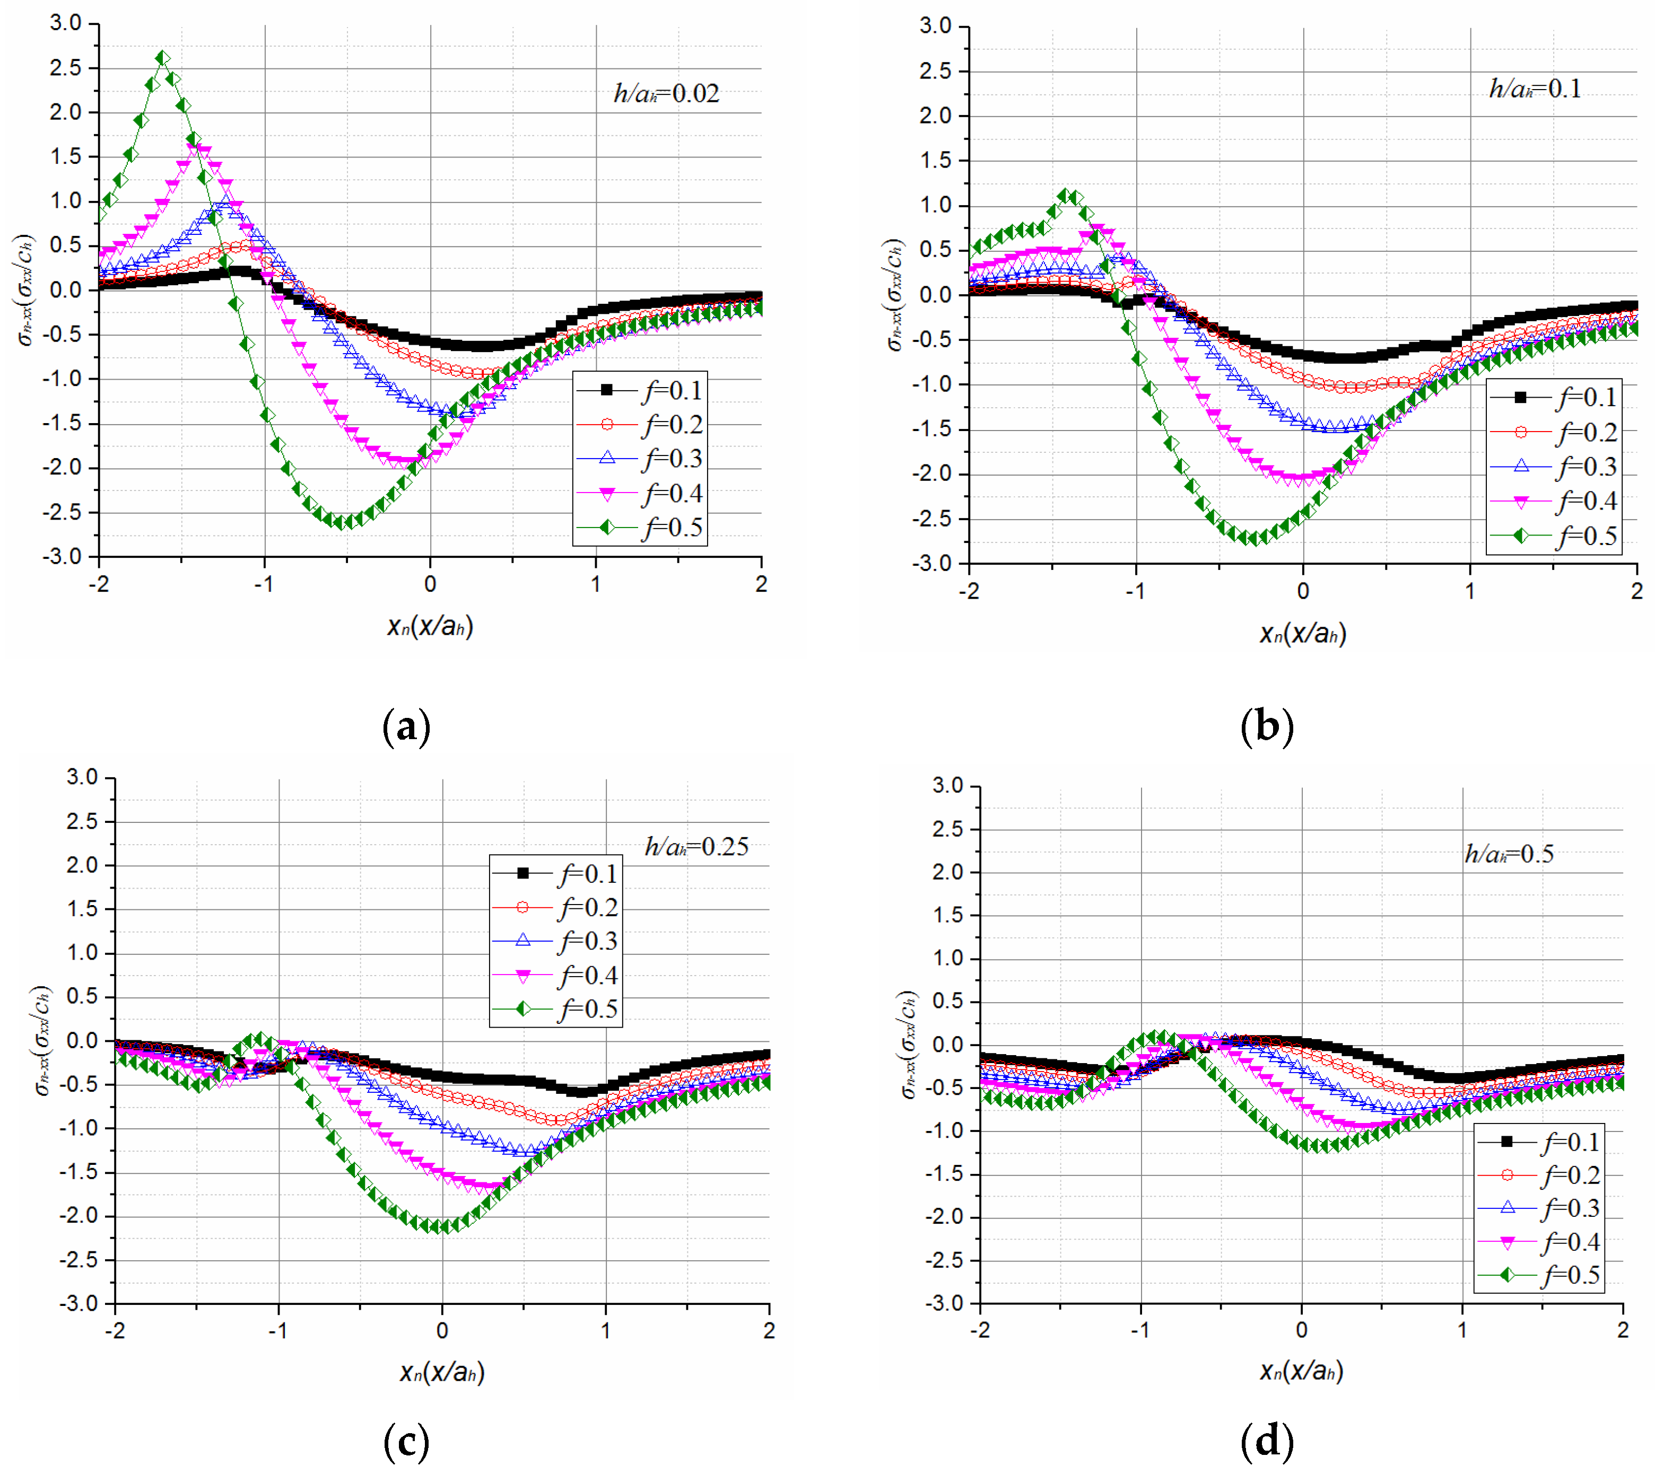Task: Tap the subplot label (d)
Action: [x=1266, y=1441]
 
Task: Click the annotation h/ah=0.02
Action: [x=666, y=94]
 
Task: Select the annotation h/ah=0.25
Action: [x=696, y=847]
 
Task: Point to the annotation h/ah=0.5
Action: [x=1509, y=854]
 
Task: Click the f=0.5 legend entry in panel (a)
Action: [x=640, y=528]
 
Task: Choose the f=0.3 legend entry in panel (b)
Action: [x=1554, y=467]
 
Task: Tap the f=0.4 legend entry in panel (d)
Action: [x=1539, y=1242]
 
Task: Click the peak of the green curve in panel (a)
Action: [x=163, y=57]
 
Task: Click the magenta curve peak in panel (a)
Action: [x=195, y=146]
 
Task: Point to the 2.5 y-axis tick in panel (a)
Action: [x=66, y=68]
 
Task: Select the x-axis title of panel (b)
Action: [x=1303, y=633]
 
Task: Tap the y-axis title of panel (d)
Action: [x=909, y=1045]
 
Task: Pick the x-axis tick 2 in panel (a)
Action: [x=761, y=584]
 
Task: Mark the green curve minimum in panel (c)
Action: [x=442, y=1226]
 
